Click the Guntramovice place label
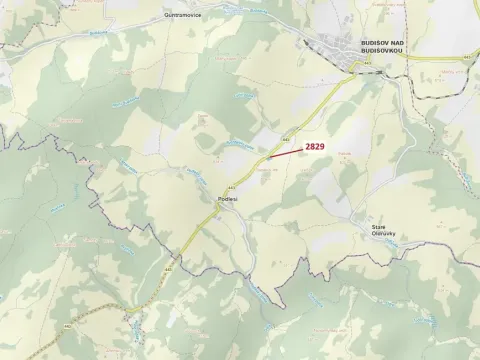[184, 17]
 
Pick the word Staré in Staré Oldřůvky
[378, 227]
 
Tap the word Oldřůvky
[384, 234]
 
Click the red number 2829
[314, 146]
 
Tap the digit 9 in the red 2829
[322, 146]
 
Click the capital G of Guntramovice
[167, 17]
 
